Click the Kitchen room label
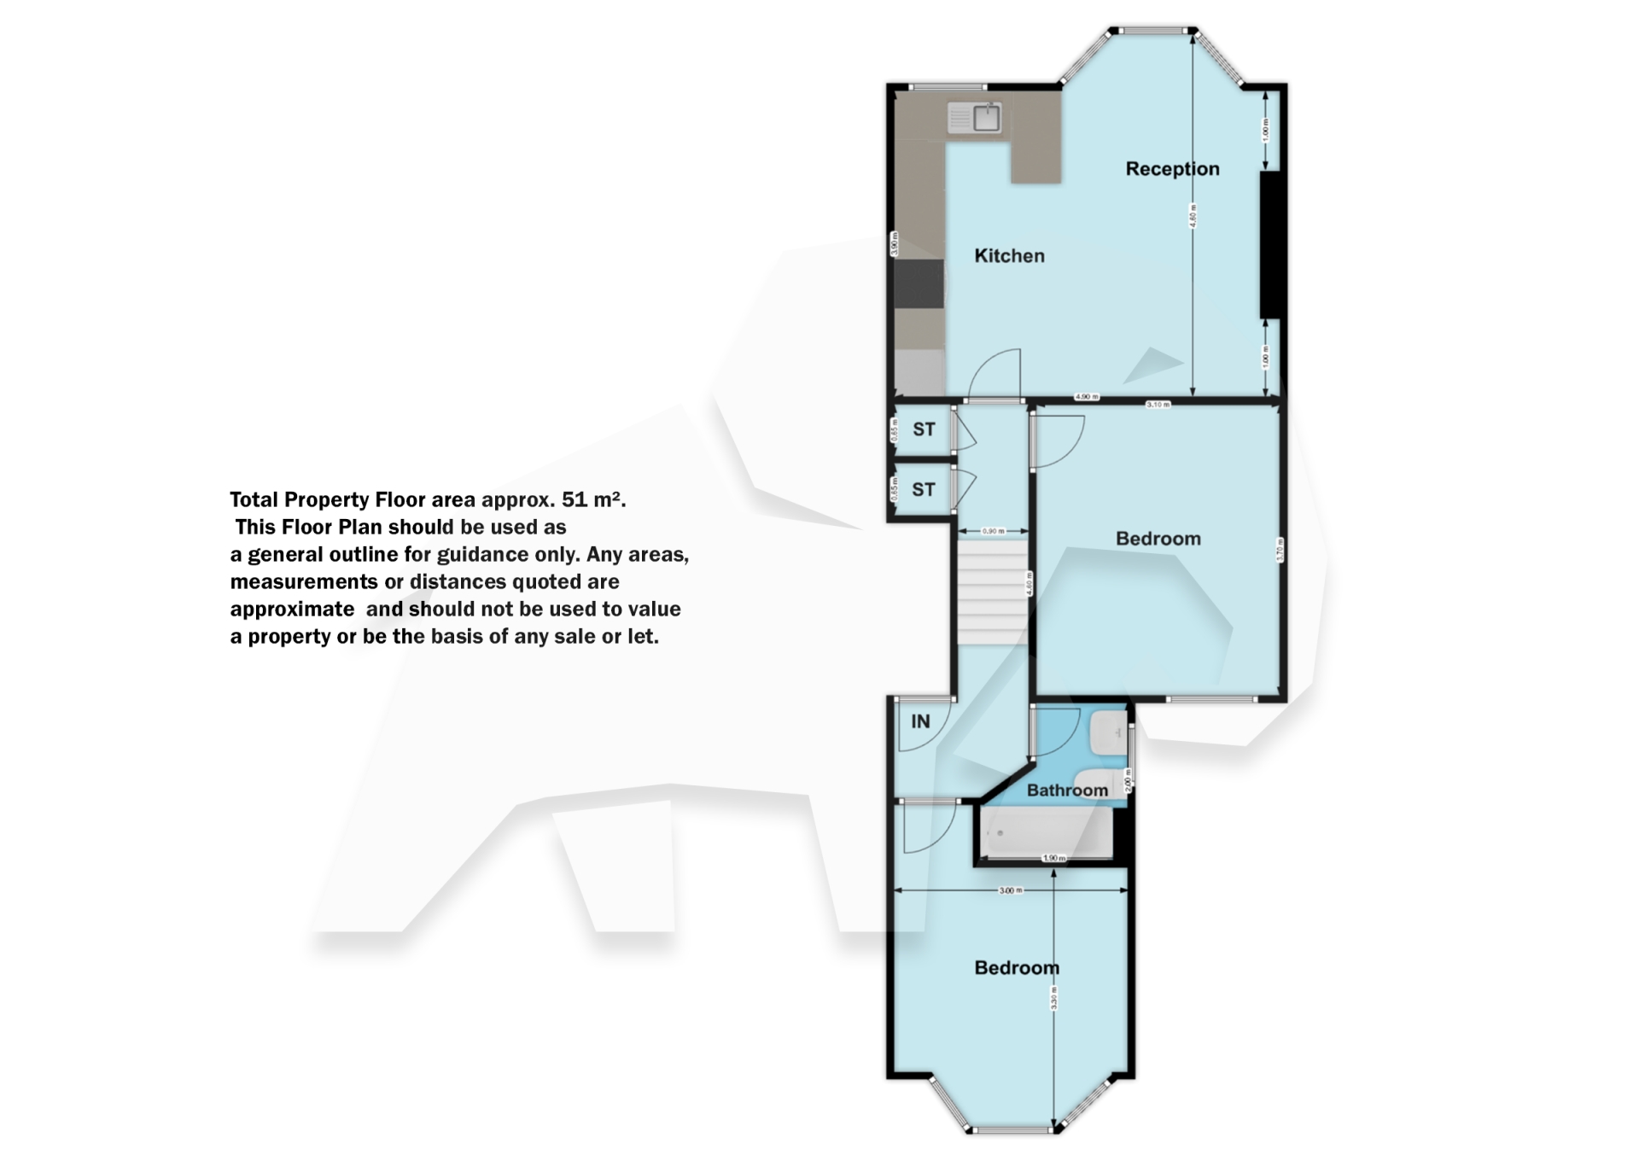(x=1009, y=256)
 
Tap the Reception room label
(x=1172, y=169)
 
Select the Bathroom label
(x=1067, y=791)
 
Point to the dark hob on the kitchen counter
(x=919, y=284)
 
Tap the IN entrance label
(x=920, y=722)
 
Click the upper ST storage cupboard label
(x=924, y=429)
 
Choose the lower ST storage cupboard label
(x=924, y=490)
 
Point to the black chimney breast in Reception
(x=1270, y=245)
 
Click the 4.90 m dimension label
(x=1087, y=397)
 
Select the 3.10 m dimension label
(x=1158, y=405)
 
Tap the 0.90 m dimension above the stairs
(x=993, y=531)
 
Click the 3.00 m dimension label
(x=1011, y=890)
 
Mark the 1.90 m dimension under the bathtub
(x=1054, y=858)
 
